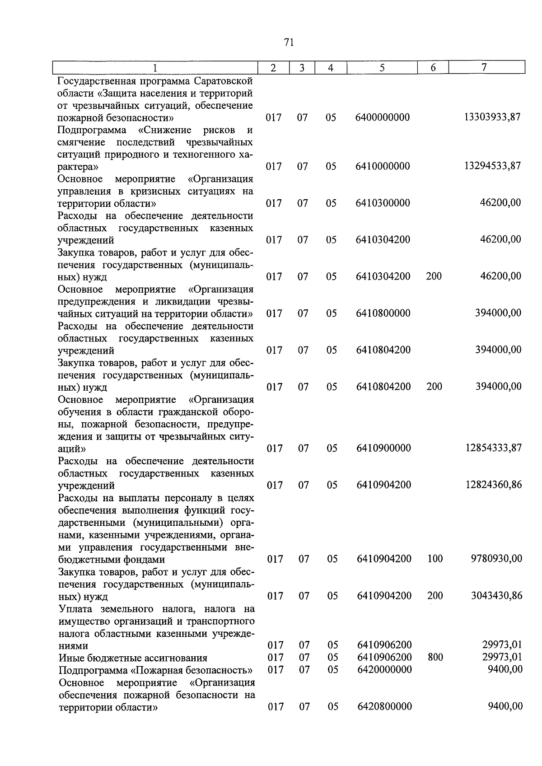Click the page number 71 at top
[x=289, y=42]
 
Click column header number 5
[x=382, y=68]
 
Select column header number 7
[x=484, y=67]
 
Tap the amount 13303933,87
[x=492, y=117]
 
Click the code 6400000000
[x=383, y=117]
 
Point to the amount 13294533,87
[x=492, y=166]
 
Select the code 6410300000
[x=383, y=203]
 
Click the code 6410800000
[x=383, y=313]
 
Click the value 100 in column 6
[x=435, y=559]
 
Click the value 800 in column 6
[x=435, y=657]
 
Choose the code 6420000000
[x=384, y=669]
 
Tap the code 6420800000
[x=384, y=706]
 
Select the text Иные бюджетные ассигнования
[x=133, y=658]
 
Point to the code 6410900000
[x=383, y=448]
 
